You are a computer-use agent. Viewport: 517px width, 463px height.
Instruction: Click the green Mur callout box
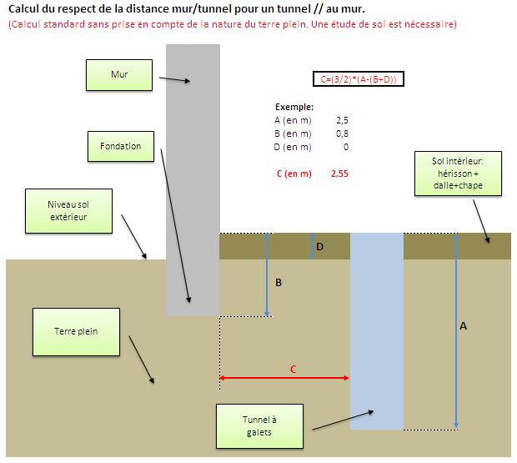pyautogui.click(x=119, y=74)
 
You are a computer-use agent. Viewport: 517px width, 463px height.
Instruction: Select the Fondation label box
pyautogui.click(x=121, y=146)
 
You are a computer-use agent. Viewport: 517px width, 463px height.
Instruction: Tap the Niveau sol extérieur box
pyautogui.click(x=68, y=210)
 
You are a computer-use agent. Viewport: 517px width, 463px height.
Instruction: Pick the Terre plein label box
pyautogui.click(x=76, y=331)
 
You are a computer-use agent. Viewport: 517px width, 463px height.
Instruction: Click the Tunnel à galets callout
pyautogui.click(x=259, y=426)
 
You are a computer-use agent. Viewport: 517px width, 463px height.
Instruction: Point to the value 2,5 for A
pyautogui.click(x=340, y=120)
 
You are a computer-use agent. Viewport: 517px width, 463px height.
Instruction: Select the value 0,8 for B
pyautogui.click(x=341, y=133)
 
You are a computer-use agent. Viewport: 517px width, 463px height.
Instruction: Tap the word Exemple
pyautogui.click(x=294, y=107)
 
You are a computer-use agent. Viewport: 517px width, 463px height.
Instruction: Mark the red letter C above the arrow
pyautogui.click(x=292, y=368)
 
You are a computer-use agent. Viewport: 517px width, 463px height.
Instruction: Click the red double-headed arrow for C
pyautogui.click(x=284, y=379)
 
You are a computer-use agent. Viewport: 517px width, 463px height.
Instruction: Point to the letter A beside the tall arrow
pyautogui.click(x=463, y=327)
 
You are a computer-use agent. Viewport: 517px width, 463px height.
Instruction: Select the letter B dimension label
pyautogui.click(x=279, y=283)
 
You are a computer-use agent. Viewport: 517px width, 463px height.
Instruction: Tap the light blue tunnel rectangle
pyautogui.click(x=376, y=334)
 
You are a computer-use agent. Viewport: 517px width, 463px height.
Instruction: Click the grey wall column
pyautogui.click(x=193, y=167)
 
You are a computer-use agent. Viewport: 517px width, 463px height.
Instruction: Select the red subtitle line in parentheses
pyautogui.click(x=233, y=24)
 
